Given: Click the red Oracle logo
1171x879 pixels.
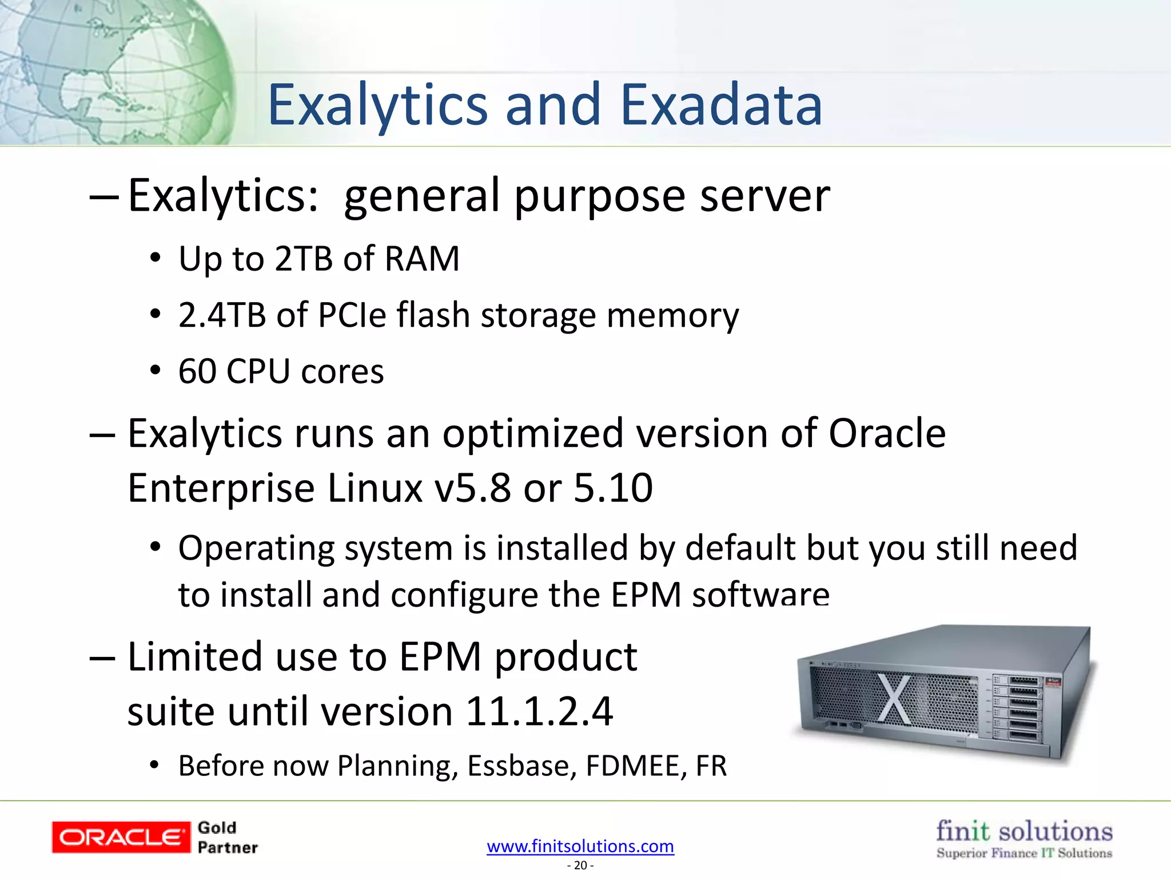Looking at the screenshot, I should pos(121,837).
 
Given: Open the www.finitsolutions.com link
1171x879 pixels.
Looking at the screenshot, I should pos(580,846).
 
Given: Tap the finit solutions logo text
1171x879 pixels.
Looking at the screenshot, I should pos(1024,831).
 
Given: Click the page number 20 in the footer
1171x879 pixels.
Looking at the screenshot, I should pos(580,865).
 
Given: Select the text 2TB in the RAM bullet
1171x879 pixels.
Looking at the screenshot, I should pos(304,259).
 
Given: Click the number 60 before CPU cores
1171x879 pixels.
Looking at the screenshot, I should pos(197,371).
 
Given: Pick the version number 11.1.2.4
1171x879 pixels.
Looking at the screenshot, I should pos(539,711).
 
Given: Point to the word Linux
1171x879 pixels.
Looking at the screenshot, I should pos(375,488).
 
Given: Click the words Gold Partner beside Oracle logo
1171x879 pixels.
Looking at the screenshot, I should pos(227,838).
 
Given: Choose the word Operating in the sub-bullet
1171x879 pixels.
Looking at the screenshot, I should pos(256,548).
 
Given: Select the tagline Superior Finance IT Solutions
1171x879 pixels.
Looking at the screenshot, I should pos(1024,853).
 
